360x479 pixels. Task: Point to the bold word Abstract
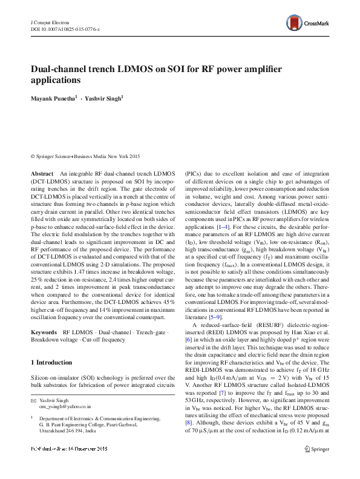pyautogui.click(x=42, y=173)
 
